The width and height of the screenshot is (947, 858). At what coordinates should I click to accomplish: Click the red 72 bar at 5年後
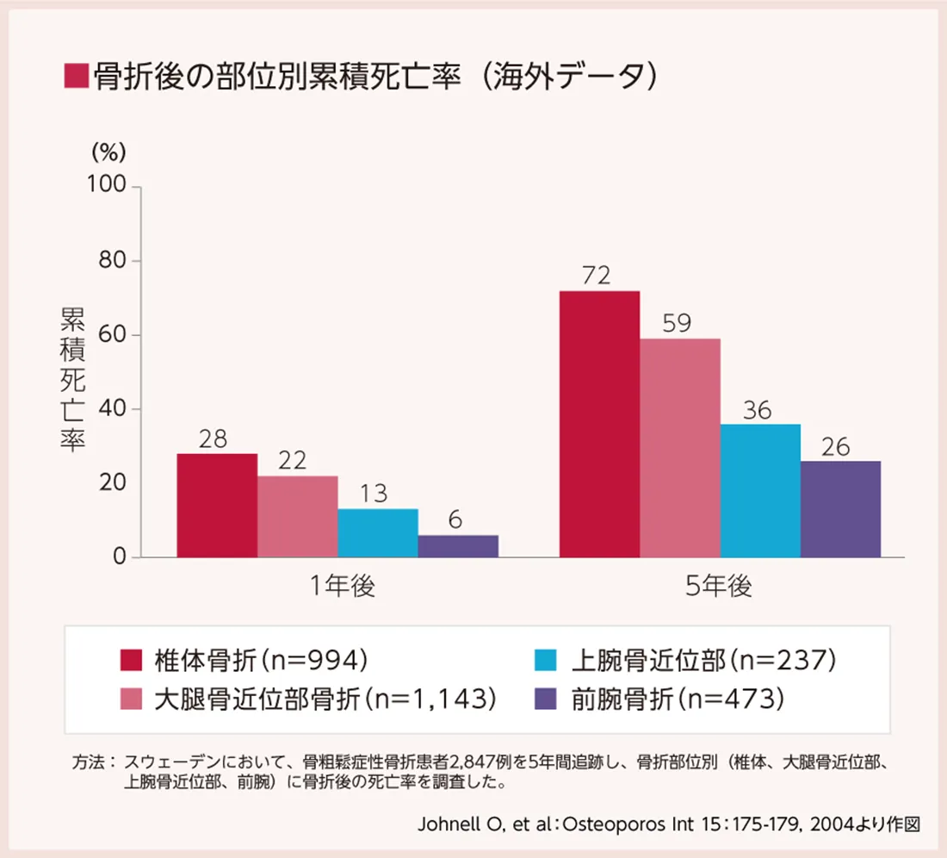pos(599,424)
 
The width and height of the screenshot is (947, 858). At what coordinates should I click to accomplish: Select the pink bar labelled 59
pos(680,448)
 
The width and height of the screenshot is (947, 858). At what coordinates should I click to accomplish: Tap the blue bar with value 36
pos(760,490)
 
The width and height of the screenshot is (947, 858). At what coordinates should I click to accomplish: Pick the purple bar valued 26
pos(840,509)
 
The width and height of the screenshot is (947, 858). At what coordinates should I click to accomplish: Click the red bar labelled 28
pos(217,506)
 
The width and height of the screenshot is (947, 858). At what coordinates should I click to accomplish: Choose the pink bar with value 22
pos(297,517)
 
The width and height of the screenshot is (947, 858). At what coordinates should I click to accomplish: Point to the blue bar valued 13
pos(378,533)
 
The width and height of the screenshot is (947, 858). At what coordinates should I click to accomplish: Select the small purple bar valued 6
pos(458,546)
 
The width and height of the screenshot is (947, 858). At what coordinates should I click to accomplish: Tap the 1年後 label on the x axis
pos(344,588)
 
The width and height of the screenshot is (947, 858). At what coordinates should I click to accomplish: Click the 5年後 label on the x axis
pos(719,588)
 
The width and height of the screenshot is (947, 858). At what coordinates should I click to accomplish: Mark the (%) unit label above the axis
pos(109,152)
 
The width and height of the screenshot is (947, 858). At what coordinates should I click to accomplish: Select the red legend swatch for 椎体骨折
pos(131,661)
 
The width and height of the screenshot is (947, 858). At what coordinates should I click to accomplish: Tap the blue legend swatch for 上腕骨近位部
pos(546,661)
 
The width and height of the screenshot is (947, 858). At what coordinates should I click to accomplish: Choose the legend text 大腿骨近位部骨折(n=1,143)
pos(326,699)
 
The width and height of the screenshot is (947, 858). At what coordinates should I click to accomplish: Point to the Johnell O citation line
pos(668,823)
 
